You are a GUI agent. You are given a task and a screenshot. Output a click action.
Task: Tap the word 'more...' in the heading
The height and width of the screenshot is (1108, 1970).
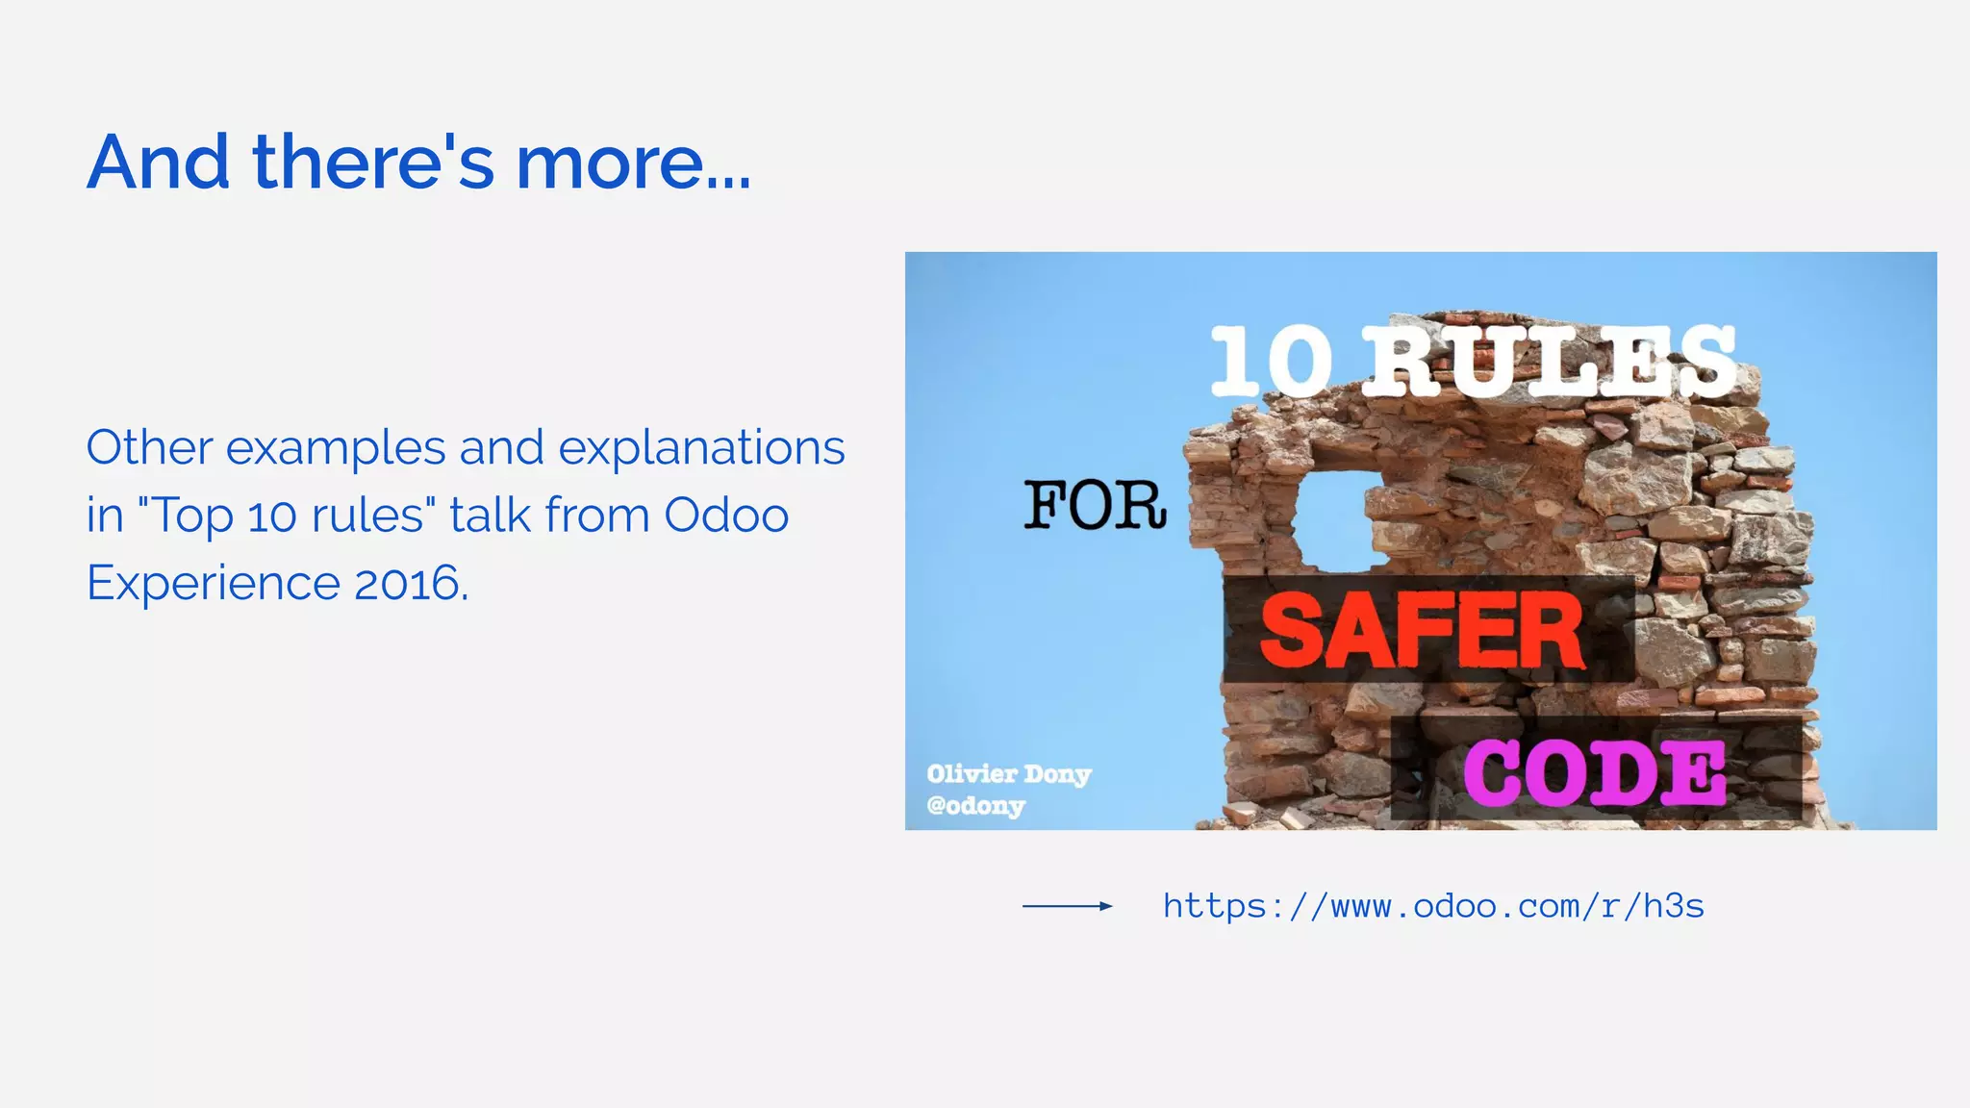632,162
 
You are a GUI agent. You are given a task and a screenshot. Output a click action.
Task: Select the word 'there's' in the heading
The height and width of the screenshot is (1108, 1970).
373,162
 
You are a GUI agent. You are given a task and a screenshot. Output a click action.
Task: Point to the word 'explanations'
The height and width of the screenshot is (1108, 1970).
701,449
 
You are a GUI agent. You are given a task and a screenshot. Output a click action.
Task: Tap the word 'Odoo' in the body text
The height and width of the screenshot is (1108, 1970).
726,516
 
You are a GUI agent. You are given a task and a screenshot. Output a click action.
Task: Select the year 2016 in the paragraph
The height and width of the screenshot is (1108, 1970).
409,583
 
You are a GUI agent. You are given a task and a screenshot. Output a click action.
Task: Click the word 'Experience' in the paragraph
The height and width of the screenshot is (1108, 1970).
213,584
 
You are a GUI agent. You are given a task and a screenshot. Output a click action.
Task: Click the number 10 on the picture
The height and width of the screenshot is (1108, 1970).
1271,362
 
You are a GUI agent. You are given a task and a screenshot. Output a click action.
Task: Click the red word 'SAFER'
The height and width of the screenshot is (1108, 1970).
1422,631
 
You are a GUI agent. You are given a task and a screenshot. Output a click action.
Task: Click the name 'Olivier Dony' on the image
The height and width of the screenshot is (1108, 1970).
1008,774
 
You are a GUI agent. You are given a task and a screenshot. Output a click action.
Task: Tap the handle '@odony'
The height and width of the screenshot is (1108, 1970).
975,805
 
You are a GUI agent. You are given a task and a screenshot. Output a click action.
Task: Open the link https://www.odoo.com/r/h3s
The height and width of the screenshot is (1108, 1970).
1433,906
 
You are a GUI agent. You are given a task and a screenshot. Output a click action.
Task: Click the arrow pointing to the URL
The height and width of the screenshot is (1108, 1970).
1067,906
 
